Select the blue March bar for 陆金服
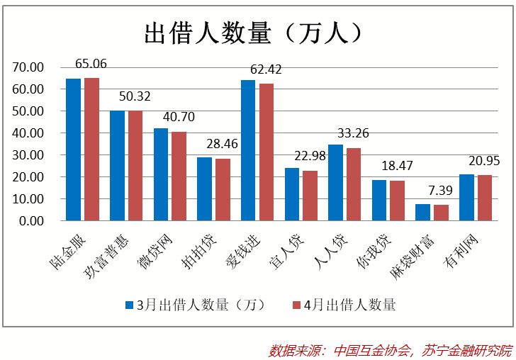(x=74, y=150)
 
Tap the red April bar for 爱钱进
(x=267, y=152)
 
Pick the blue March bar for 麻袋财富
(x=423, y=213)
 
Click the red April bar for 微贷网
(x=179, y=176)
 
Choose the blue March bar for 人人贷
(x=336, y=183)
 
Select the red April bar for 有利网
(x=485, y=198)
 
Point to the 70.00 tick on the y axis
(x=29, y=67)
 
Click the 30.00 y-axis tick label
(x=29, y=155)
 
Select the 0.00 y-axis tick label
(x=32, y=221)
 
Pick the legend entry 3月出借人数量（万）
(x=195, y=305)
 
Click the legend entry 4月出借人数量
(x=344, y=305)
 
